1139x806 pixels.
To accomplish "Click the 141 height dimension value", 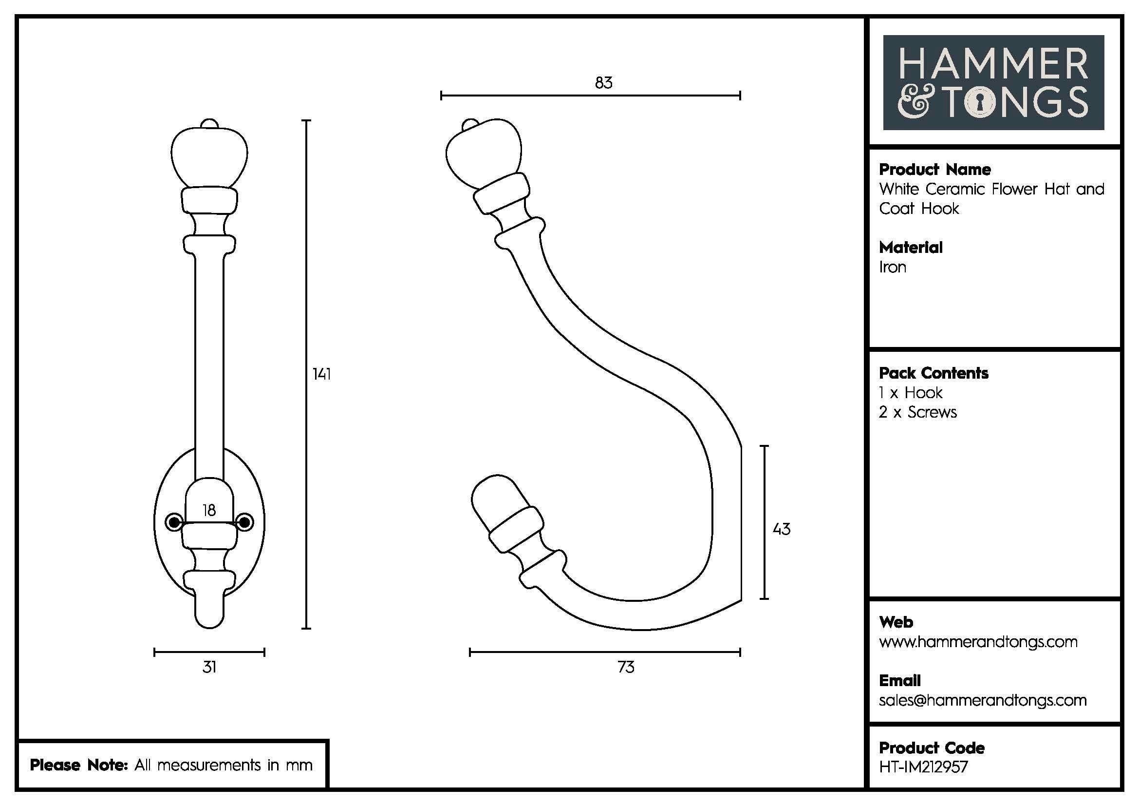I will pos(321,374).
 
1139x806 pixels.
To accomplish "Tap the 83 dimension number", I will pos(604,83).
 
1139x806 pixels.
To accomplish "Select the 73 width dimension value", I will pos(626,667).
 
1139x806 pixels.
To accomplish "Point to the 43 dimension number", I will pos(781,530).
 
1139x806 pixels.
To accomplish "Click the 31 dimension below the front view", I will pos(209,667).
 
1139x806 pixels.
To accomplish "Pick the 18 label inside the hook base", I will pos(209,510).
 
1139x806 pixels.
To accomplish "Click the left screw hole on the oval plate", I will pos(174,521).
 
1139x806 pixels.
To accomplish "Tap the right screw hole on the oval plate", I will pos(245,521).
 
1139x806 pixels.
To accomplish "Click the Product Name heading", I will pos(934,170).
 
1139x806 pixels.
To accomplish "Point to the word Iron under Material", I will pos(893,268).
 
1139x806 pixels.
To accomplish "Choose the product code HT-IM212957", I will pos(923,767).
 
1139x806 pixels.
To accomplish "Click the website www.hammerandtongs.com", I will pos(978,642).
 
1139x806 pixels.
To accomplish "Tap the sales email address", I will pos(982,700).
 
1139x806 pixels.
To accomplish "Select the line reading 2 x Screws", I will pos(917,412).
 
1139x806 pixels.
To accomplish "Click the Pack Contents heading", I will pos(934,373).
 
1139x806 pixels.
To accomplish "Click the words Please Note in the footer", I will pos(79,765).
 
